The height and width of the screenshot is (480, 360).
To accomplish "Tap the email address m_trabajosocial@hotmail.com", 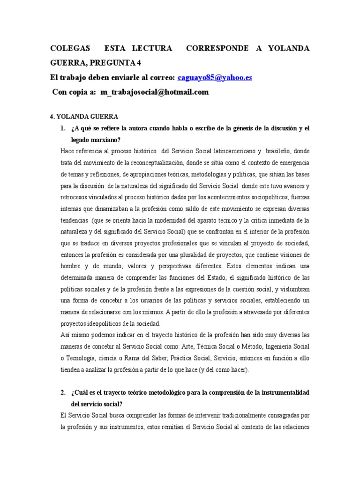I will (155, 92).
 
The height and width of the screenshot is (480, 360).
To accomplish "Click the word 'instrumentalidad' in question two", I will (284, 391).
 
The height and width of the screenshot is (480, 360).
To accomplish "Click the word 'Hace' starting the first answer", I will (67, 150).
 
